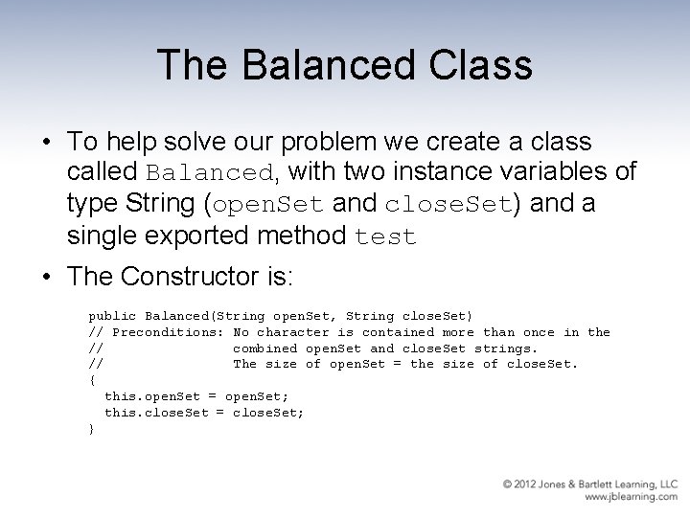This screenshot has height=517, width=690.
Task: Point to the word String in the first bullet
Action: click(x=165, y=206)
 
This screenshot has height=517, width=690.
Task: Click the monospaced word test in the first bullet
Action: click(x=385, y=237)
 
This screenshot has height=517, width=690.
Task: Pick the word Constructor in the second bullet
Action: click(x=195, y=278)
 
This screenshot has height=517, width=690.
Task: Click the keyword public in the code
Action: click(x=112, y=316)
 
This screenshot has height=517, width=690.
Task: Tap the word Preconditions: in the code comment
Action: click(x=169, y=332)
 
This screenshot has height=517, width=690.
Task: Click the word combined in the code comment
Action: click(x=264, y=348)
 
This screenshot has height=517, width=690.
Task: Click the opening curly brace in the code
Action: click(x=92, y=380)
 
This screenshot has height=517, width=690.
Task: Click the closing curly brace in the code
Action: click(x=92, y=429)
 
